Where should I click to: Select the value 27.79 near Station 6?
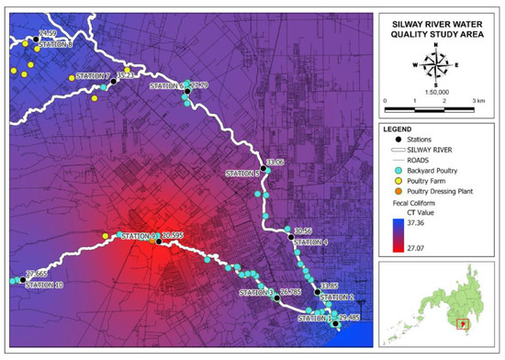click(x=197, y=85)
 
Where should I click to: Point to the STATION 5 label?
click(x=242, y=174)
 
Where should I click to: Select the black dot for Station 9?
click(x=158, y=242)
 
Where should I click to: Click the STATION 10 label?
click(x=44, y=286)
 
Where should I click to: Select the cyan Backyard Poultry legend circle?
click(x=393, y=172)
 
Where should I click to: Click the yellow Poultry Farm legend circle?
click(x=393, y=185)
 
